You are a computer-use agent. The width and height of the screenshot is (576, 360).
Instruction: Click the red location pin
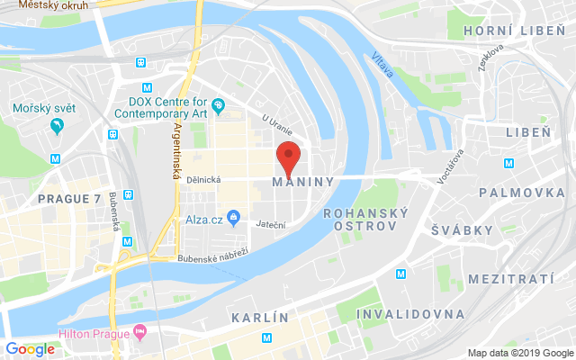(287, 157)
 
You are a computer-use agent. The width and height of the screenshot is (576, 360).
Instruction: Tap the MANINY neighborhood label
(302, 182)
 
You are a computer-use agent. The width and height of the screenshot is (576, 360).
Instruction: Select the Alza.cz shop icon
(233, 217)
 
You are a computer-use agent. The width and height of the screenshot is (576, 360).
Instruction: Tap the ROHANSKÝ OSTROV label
(364, 220)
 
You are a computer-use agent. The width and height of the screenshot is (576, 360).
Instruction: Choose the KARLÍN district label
(259, 318)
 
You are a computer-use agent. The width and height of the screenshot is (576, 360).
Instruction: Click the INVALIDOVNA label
(410, 314)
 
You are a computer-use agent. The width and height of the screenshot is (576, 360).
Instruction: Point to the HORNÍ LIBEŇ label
(510, 31)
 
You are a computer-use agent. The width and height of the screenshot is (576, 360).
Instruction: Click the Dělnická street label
(206, 179)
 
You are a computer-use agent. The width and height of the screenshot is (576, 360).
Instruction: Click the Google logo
(31, 349)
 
